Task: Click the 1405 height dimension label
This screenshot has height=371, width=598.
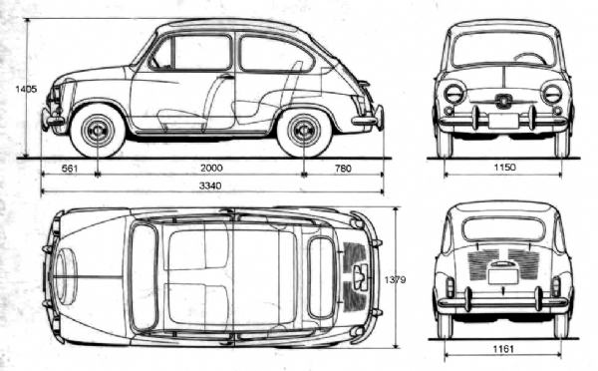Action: point(26,90)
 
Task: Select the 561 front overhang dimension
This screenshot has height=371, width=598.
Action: point(70,168)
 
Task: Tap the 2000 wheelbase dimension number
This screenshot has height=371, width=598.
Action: point(211,168)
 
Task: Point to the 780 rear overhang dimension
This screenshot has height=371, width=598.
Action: point(343,168)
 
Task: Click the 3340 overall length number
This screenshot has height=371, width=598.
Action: point(210,185)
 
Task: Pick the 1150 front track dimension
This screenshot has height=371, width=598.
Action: point(504,167)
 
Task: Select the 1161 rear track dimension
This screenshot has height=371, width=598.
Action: point(503,349)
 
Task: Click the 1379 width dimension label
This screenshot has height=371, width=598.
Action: point(395,280)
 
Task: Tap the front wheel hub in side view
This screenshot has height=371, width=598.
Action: point(98,131)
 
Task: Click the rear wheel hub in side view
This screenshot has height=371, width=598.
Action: point(304,131)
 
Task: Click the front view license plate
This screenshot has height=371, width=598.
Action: point(503,121)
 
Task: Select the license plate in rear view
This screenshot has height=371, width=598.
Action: point(503,276)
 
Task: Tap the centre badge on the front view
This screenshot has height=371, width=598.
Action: point(503,101)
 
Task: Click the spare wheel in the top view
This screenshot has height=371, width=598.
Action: point(65,275)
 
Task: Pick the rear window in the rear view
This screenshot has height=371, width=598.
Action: point(503,229)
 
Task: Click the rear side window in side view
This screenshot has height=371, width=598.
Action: point(276,54)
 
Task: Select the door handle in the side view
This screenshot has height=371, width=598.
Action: point(227,77)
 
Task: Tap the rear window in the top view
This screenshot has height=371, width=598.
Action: point(321,277)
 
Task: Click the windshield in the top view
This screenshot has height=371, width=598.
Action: point(145,277)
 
